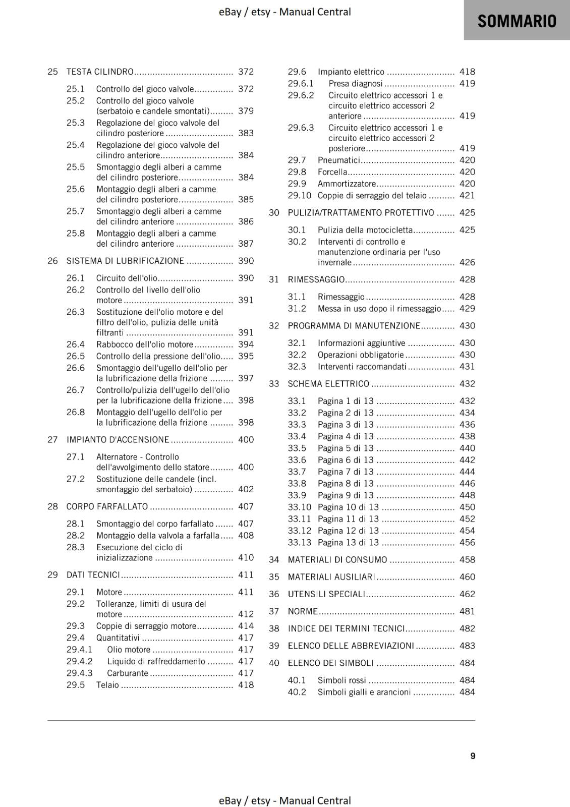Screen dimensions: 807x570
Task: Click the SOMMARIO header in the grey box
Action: (x=517, y=21)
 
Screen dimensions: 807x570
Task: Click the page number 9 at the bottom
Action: (x=473, y=756)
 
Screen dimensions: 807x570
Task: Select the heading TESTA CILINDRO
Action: (x=100, y=72)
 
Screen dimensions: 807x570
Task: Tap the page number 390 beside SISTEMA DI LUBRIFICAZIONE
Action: (x=246, y=261)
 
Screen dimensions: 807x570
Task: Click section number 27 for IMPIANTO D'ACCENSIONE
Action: (x=52, y=439)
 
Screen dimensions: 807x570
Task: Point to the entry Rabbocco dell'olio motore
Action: (x=145, y=344)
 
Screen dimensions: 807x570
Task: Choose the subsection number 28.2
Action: (x=75, y=535)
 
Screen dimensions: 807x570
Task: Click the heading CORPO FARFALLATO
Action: (x=107, y=506)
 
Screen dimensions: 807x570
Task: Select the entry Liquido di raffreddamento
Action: (x=156, y=661)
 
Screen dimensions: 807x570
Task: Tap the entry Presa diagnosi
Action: (x=355, y=83)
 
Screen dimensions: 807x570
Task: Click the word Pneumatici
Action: (x=338, y=160)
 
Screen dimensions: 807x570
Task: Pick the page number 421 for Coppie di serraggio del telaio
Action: (x=467, y=195)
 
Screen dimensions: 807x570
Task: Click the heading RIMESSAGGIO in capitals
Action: (x=316, y=279)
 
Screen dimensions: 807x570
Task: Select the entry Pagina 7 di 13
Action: (x=346, y=472)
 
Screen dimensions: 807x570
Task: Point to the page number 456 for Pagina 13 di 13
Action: (x=467, y=542)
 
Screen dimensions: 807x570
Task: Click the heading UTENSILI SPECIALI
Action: (x=326, y=594)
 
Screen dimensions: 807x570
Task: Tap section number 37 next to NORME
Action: (x=274, y=611)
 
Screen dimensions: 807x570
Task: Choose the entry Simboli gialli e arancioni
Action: (x=364, y=692)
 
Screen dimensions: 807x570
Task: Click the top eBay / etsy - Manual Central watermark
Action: (x=284, y=12)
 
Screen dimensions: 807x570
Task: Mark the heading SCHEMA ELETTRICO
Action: (x=328, y=383)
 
